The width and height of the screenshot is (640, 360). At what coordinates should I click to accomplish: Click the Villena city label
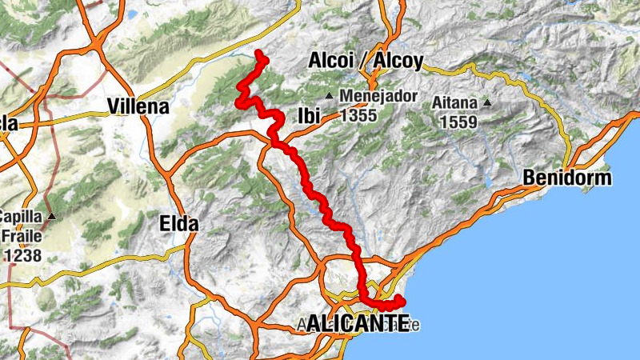coord(138,106)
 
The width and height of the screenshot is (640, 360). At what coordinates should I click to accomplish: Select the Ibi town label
coord(308,115)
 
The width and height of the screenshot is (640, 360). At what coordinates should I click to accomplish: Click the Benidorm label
coord(566,178)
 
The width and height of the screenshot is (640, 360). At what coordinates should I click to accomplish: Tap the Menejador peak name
coord(378,96)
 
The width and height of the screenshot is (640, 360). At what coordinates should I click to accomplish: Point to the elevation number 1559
coord(458,122)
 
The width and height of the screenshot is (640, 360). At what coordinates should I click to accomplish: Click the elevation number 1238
coord(23,256)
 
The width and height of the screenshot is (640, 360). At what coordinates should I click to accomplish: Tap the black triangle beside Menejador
coord(328,96)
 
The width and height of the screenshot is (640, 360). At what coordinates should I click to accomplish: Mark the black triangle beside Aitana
coord(486,103)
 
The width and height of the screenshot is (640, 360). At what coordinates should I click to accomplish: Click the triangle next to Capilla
coord(52,217)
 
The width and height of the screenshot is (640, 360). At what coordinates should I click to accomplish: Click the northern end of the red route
coord(258,54)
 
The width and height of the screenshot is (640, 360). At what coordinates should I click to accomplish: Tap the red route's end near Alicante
coord(400,300)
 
